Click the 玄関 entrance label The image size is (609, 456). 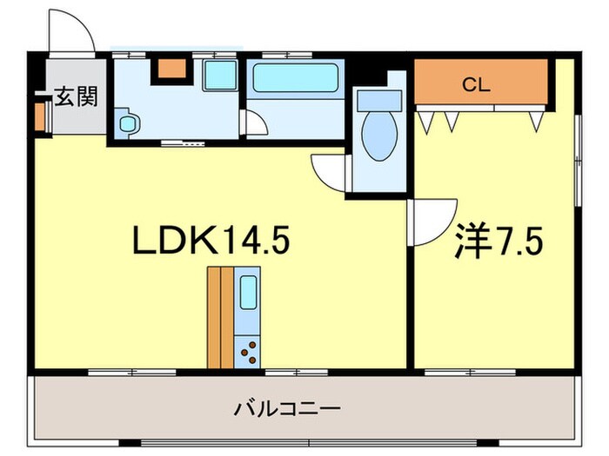pyautogui.click(x=75, y=96)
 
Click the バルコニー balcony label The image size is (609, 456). pyautogui.click(x=286, y=407)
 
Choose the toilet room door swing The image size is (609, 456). pyautogui.click(x=331, y=170)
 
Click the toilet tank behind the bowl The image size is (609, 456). pyautogui.click(x=378, y=100)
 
